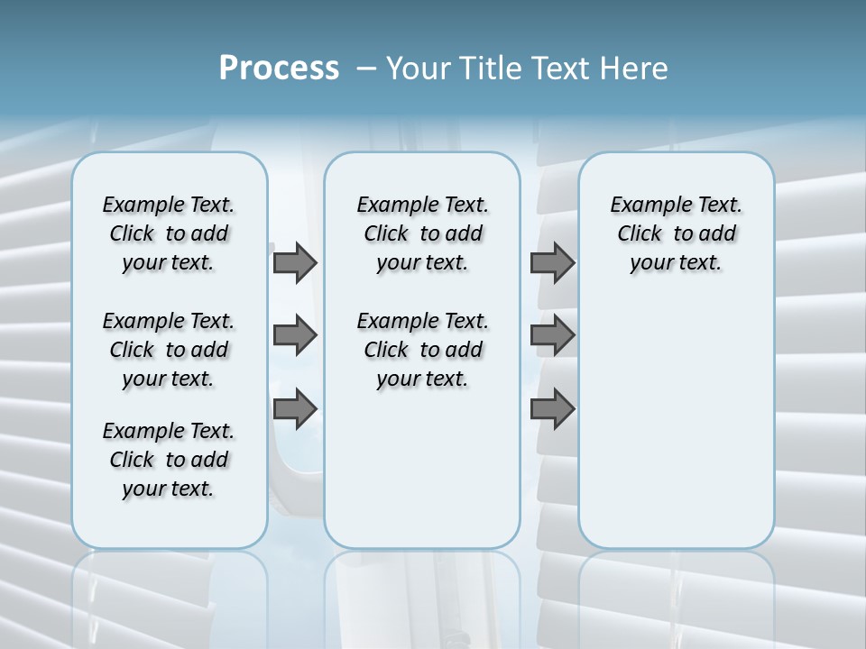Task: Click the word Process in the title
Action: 279,69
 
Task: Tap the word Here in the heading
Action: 635,69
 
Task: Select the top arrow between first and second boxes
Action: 295,263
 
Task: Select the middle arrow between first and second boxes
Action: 295,336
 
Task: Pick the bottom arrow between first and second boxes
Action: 295,409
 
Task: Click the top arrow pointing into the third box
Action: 552,263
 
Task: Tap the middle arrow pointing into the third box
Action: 552,336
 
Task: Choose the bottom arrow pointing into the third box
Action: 552,409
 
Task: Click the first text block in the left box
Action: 169,233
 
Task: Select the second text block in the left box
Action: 169,350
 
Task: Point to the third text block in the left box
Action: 169,460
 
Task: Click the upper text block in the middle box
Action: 422,233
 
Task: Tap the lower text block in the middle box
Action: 422,350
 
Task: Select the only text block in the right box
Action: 676,233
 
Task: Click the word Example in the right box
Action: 644,206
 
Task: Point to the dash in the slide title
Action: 367,69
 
